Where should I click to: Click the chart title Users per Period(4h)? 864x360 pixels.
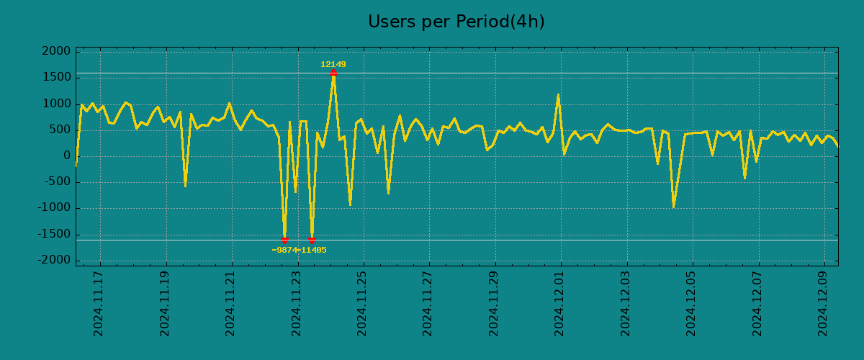click(x=456, y=22)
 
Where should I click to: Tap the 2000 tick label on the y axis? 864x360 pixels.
click(x=57, y=52)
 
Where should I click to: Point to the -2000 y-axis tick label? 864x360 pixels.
click(x=55, y=260)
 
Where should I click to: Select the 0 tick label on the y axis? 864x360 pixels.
click(x=67, y=156)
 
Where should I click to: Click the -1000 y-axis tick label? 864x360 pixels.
click(x=55, y=208)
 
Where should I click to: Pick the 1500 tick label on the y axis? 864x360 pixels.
click(x=57, y=78)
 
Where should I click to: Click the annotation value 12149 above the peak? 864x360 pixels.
click(x=333, y=65)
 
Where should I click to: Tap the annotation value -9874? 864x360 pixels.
click(x=284, y=251)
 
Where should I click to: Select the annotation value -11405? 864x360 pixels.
click(x=312, y=251)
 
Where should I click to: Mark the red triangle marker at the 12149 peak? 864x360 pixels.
click(x=333, y=73)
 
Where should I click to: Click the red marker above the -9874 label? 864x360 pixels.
click(x=284, y=240)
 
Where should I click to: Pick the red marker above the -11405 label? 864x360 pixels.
click(x=312, y=240)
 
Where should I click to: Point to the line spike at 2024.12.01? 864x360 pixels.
click(x=558, y=96)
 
